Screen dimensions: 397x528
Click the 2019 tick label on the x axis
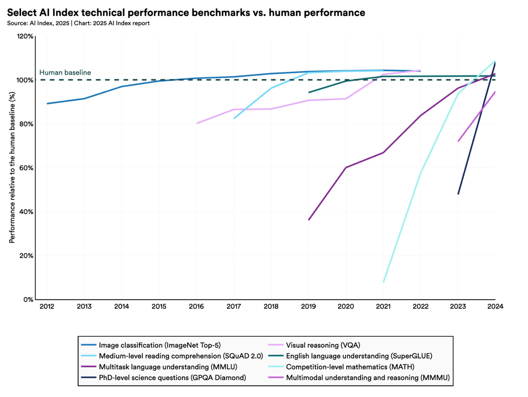(308, 306)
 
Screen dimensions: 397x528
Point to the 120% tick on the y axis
(25, 36)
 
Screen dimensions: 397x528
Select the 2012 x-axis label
(47, 306)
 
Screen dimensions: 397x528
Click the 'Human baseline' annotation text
(65, 73)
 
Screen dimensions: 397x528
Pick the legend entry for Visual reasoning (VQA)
(323, 345)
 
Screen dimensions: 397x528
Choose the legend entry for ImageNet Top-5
(159, 345)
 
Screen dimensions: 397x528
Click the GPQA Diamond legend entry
(172, 378)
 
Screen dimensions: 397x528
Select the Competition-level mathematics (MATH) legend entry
(350, 367)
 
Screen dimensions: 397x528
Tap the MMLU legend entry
(168, 367)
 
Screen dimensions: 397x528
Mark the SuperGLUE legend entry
(359, 356)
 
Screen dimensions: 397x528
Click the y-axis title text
(12, 168)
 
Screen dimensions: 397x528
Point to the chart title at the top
(186, 13)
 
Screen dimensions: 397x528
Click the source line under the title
(78, 23)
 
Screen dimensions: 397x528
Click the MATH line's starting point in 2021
(383, 282)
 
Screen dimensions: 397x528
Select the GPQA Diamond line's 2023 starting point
(458, 194)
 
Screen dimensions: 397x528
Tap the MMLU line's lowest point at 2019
(309, 220)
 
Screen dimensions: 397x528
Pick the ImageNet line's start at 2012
(47, 103)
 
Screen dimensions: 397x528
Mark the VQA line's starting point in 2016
(197, 123)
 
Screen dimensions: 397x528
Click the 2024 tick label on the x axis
(495, 306)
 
